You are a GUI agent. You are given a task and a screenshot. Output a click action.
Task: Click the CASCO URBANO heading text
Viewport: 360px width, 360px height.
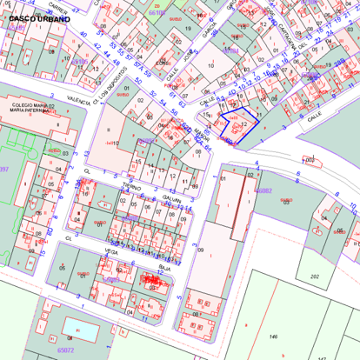point(33,17)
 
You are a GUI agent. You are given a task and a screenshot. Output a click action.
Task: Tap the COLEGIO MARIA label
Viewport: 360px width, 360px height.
point(43,106)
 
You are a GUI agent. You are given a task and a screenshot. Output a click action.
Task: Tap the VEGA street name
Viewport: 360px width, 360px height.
point(110,250)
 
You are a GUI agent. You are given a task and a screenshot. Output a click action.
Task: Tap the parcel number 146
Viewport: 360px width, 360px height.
point(272,336)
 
